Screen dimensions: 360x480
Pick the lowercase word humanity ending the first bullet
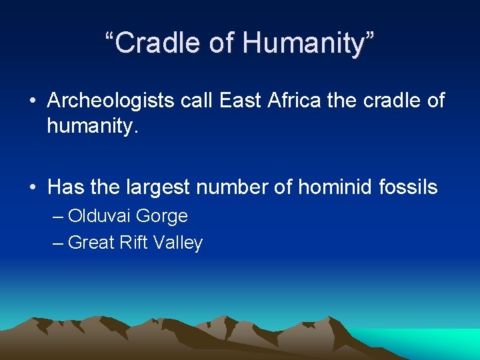[91, 125]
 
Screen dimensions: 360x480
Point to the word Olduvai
[99, 217]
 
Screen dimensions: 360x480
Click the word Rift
[134, 243]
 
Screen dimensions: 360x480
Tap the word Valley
[178, 243]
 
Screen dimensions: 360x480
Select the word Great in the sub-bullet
[91, 243]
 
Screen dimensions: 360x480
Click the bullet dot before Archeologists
[32, 102]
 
